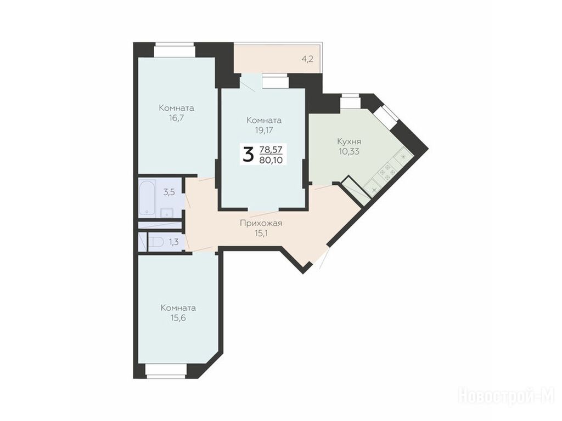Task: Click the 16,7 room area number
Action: [x=176, y=118]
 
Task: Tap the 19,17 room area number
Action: [x=264, y=130]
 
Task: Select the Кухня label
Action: [x=349, y=141]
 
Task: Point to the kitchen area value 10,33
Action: [x=349, y=151]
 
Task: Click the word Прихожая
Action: [x=261, y=224]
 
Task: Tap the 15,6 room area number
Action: [x=178, y=318]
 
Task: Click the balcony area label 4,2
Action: [x=307, y=59]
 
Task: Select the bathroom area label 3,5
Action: [x=169, y=192]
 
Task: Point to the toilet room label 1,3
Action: [x=174, y=242]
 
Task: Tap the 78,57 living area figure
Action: [x=271, y=149]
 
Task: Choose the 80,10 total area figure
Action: [x=271, y=160]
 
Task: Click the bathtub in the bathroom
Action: [x=147, y=197]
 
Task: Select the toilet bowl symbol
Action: [x=155, y=242]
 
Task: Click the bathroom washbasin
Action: [x=166, y=213]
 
